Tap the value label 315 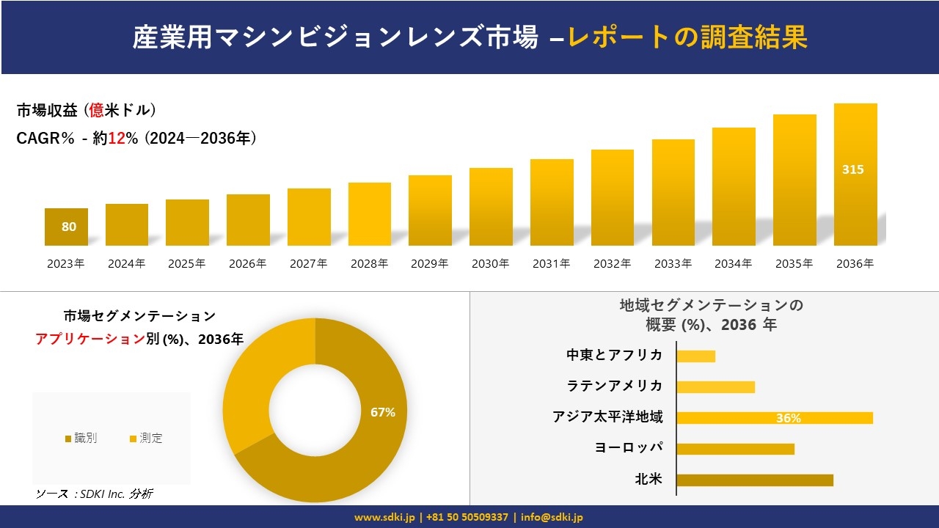(x=852, y=169)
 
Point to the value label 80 (x=68, y=227)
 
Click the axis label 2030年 (x=490, y=264)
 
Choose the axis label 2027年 (x=308, y=264)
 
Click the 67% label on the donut (x=383, y=412)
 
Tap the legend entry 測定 (x=146, y=439)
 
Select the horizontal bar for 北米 (x=754, y=480)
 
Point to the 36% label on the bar (x=788, y=419)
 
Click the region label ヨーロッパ (x=629, y=448)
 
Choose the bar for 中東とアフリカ (x=695, y=356)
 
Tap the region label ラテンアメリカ (x=615, y=386)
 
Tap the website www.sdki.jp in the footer (x=384, y=517)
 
